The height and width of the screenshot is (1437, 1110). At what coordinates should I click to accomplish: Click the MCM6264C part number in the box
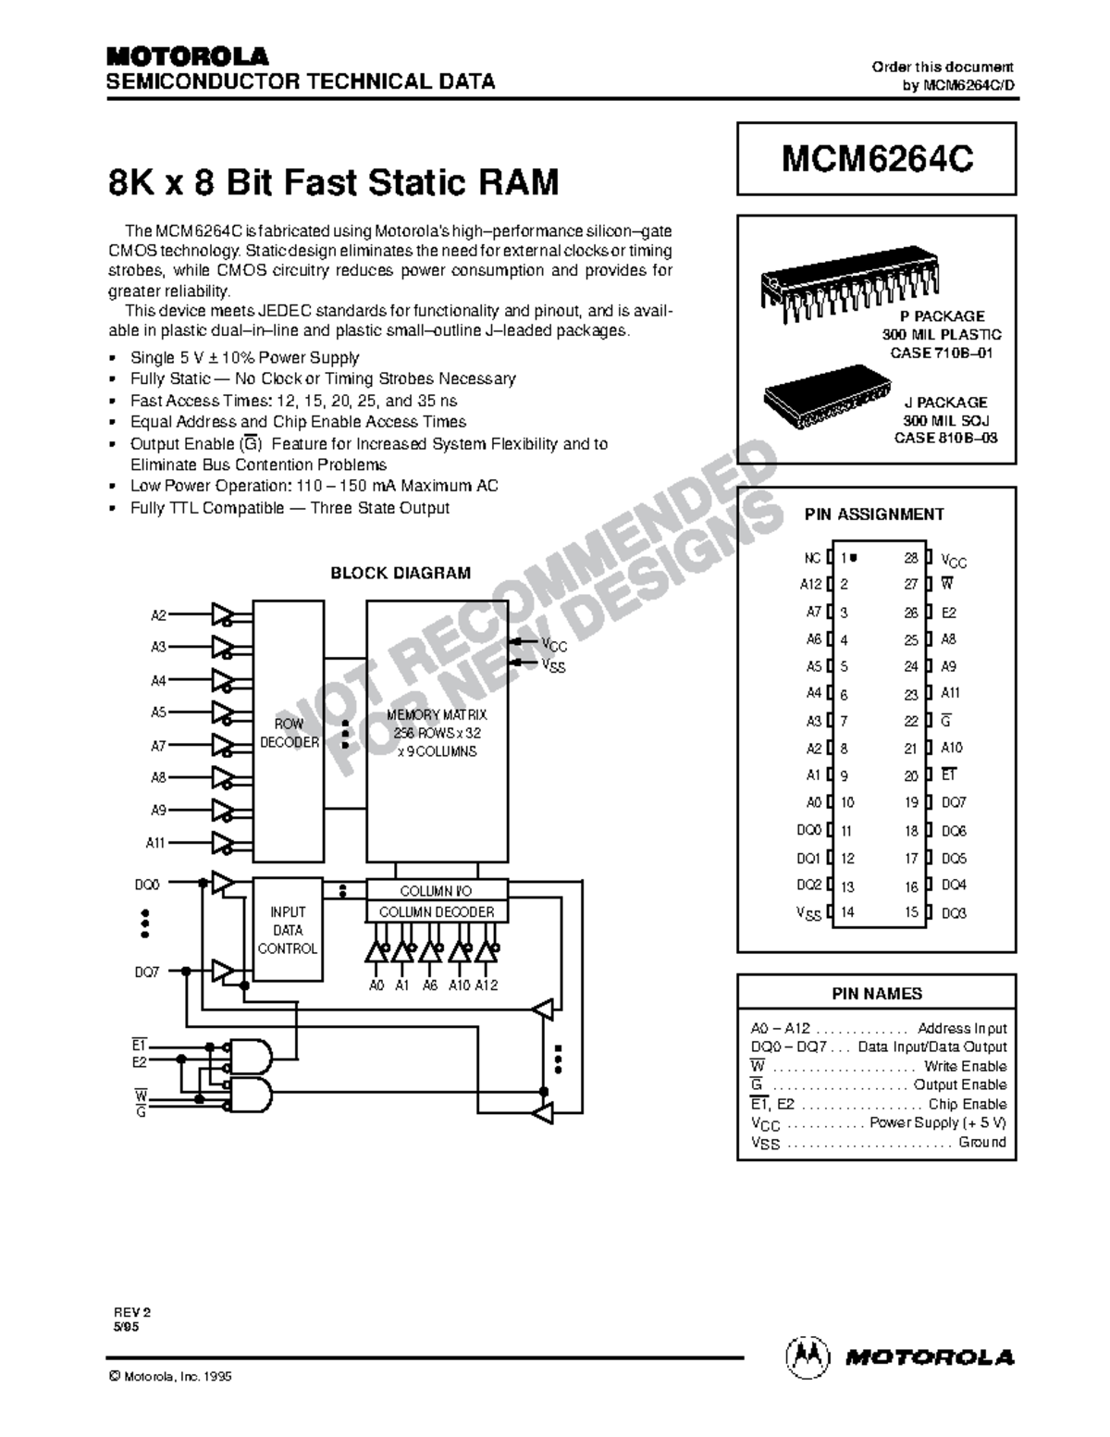876,159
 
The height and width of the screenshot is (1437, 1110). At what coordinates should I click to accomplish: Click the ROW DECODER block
289,733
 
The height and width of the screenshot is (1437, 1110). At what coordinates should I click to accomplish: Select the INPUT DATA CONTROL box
288,930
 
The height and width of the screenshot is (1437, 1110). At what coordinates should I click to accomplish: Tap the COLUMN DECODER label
437,911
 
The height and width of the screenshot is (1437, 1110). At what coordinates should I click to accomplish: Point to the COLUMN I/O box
437,890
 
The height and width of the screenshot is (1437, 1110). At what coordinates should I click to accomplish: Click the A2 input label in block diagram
158,615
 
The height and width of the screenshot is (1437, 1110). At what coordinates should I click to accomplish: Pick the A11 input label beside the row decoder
155,843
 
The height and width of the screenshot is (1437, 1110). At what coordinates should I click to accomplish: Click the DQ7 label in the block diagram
148,972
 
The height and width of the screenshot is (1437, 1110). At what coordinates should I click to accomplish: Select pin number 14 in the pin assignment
847,912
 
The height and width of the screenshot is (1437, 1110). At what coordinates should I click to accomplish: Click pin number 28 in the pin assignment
911,558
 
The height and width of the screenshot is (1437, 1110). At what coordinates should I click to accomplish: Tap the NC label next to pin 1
812,558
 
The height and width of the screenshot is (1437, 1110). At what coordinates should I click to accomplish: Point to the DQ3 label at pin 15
954,913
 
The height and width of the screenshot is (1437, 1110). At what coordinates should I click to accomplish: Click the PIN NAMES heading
876,994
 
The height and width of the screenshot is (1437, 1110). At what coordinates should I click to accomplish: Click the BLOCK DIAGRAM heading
401,573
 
